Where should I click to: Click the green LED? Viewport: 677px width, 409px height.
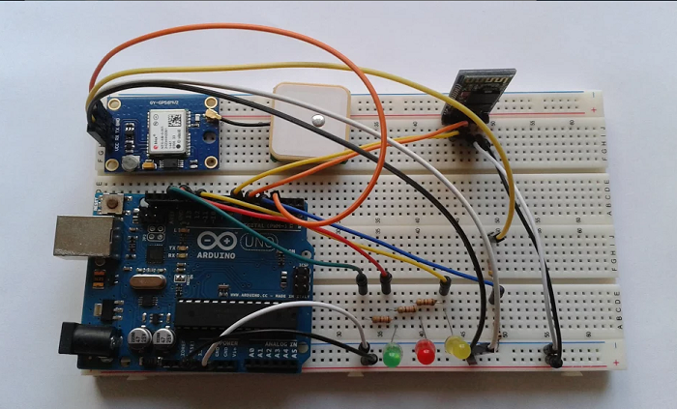[393, 355]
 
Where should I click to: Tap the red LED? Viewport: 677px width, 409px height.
[425, 350]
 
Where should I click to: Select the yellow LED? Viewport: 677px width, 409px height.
[456, 345]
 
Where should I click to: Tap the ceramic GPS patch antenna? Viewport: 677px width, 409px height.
[309, 120]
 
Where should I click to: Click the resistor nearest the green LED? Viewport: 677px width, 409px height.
[380, 320]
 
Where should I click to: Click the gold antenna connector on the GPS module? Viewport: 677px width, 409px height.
[210, 117]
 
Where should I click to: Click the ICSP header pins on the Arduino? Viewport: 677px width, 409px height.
[303, 281]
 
